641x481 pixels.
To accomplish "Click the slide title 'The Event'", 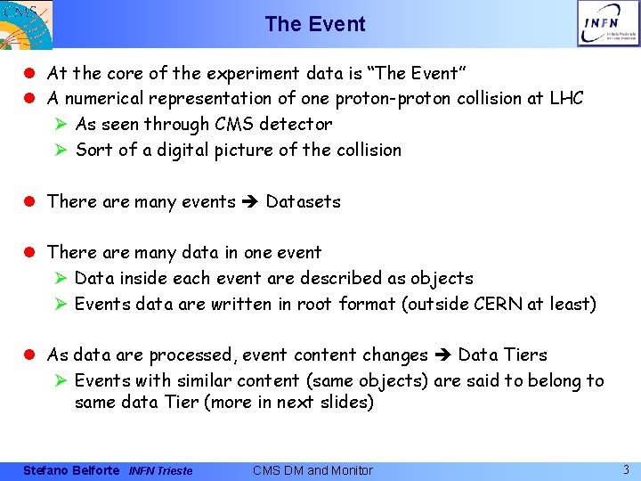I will pyautogui.click(x=315, y=24).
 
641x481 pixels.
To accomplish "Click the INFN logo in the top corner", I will pyautogui.click(x=607, y=23).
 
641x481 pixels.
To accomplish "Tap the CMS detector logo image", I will pyautogui.click(x=26, y=24).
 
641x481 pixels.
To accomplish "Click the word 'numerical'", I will pyautogui.click(x=105, y=98).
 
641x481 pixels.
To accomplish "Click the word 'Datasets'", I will pyautogui.click(x=303, y=201).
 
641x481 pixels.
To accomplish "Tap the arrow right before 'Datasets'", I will pyautogui.click(x=250, y=202).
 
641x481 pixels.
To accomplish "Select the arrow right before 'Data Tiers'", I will pyautogui.click(x=442, y=355).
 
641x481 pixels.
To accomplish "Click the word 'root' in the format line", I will pyautogui.click(x=314, y=304).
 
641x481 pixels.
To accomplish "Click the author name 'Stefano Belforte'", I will pyautogui.click(x=70, y=470).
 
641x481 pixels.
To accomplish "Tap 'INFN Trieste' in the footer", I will pyautogui.click(x=160, y=470).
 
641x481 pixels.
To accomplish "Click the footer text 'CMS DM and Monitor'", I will pyautogui.click(x=312, y=470).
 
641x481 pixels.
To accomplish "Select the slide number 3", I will pyautogui.click(x=626, y=469).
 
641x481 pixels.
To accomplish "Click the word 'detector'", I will pyautogui.click(x=296, y=124).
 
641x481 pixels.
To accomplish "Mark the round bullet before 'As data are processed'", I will pyautogui.click(x=34, y=355).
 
